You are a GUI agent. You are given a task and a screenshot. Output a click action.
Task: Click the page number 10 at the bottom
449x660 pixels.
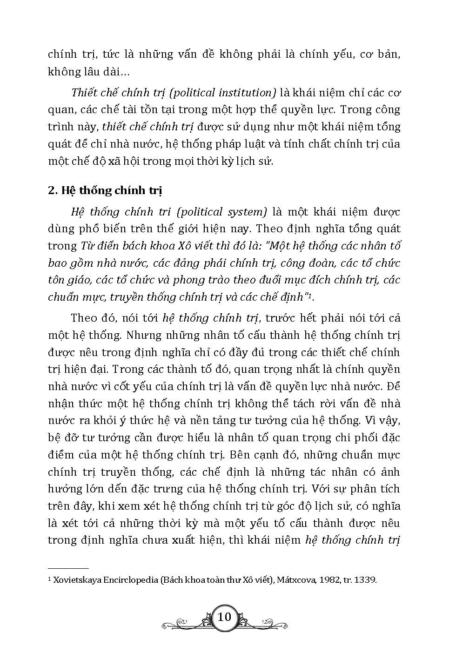point(224,617)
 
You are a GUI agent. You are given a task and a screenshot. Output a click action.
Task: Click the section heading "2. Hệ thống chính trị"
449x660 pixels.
point(105,191)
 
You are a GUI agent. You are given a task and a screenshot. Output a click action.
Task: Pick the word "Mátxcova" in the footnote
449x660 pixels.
point(295,580)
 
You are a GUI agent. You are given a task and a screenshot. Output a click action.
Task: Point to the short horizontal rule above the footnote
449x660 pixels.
point(68,568)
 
